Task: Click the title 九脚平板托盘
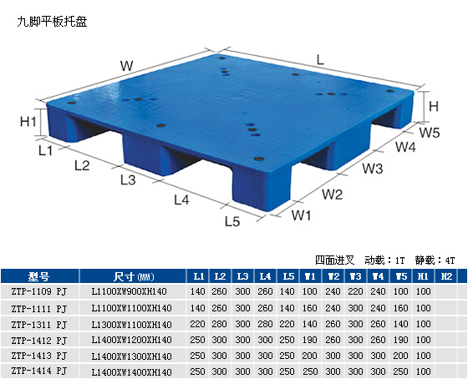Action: pyautogui.click(x=52, y=22)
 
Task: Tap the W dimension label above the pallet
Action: pyautogui.click(x=126, y=66)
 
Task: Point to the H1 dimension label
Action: pyautogui.click(x=28, y=121)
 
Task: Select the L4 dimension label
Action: pyautogui.click(x=181, y=200)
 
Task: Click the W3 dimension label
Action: pyautogui.click(x=373, y=169)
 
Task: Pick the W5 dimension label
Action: pyautogui.click(x=430, y=133)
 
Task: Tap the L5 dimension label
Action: pyautogui.click(x=232, y=221)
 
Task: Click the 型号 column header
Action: pyautogui.click(x=38, y=276)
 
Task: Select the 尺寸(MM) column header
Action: pyautogui.click(x=134, y=276)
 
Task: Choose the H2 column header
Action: pyautogui.click(x=446, y=276)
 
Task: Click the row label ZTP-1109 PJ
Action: pyautogui.click(x=38, y=291)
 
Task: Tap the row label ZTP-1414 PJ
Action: pyautogui.click(x=38, y=371)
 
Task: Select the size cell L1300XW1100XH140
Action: pyautogui.click(x=132, y=325)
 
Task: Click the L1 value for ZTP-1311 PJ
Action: pyautogui.click(x=197, y=324)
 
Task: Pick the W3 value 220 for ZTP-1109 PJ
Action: pyautogui.click(x=355, y=291)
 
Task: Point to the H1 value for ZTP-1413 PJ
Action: pyautogui.click(x=423, y=356)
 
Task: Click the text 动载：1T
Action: pyautogui.click(x=384, y=260)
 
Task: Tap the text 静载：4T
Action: pyautogui.click(x=435, y=260)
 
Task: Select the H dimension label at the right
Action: pyautogui.click(x=434, y=106)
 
